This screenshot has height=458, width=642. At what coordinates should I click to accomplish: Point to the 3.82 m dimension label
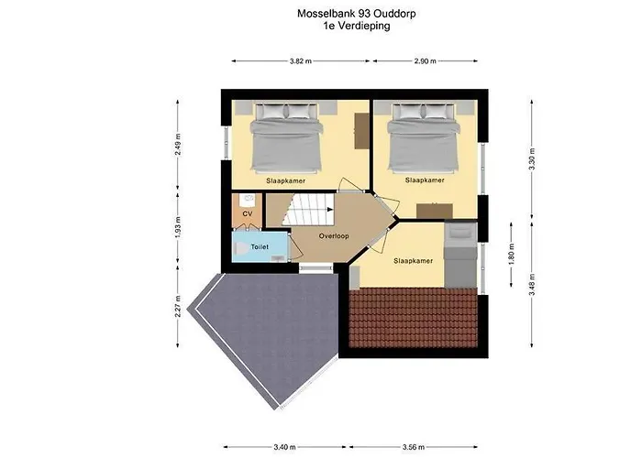[x=300, y=61]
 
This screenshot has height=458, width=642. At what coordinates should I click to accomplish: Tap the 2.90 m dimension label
[x=425, y=61]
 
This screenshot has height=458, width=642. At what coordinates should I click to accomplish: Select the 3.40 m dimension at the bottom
[x=285, y=421]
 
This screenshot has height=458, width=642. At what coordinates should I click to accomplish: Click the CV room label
[x=247, y=213]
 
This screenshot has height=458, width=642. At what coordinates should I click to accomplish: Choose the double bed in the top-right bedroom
[x=423, y=137]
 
